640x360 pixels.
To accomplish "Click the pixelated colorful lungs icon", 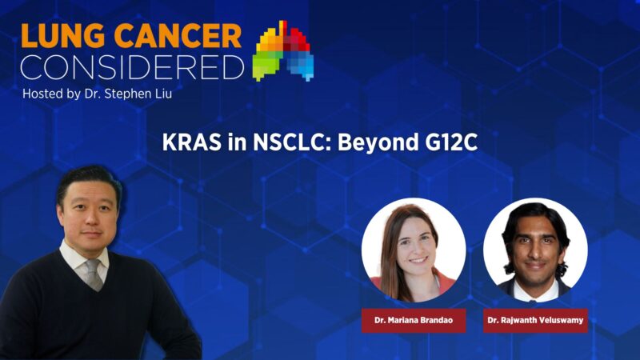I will coord(283,51).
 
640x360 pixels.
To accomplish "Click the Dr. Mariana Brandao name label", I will coord(413,321).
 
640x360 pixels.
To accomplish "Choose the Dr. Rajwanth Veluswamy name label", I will coord(535,321).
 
